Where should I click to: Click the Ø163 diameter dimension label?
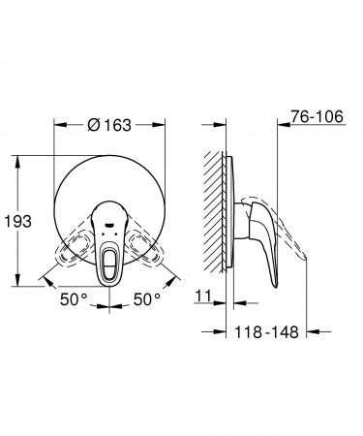tap(110, 124)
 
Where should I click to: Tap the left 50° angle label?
tap(74, 300)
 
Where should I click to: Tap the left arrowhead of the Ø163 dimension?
tap(58, 124)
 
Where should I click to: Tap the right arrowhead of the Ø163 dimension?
tap(162, 124)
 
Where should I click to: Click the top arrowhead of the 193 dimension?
tap(18, 155)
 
